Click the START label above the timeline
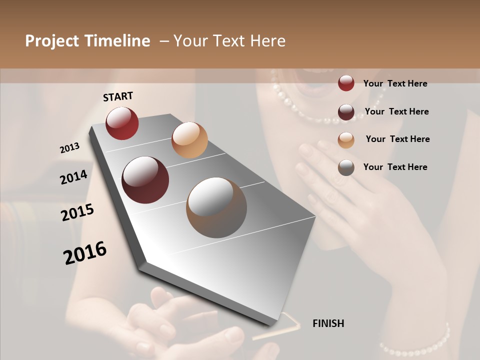tap(118, 96)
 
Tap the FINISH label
tap(328, 323)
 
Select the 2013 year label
tap(70, 147)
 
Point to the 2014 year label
tap(74, 177)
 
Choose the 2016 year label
tap(85, 253)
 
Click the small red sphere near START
tap(122, 123)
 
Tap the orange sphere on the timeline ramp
tap(189, 140)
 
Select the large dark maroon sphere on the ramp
tap(145, 180)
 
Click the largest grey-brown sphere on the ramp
tap(216, 207)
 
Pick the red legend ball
tap(346, 83)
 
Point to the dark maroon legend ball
tap(346, 112)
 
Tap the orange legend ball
tap(346, 140)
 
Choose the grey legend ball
tap(346, 167)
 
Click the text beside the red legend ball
tap(395, 83)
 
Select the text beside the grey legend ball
tap(395, 167)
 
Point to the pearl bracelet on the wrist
tap(415, 342)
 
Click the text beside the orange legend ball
tap(397, 139)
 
